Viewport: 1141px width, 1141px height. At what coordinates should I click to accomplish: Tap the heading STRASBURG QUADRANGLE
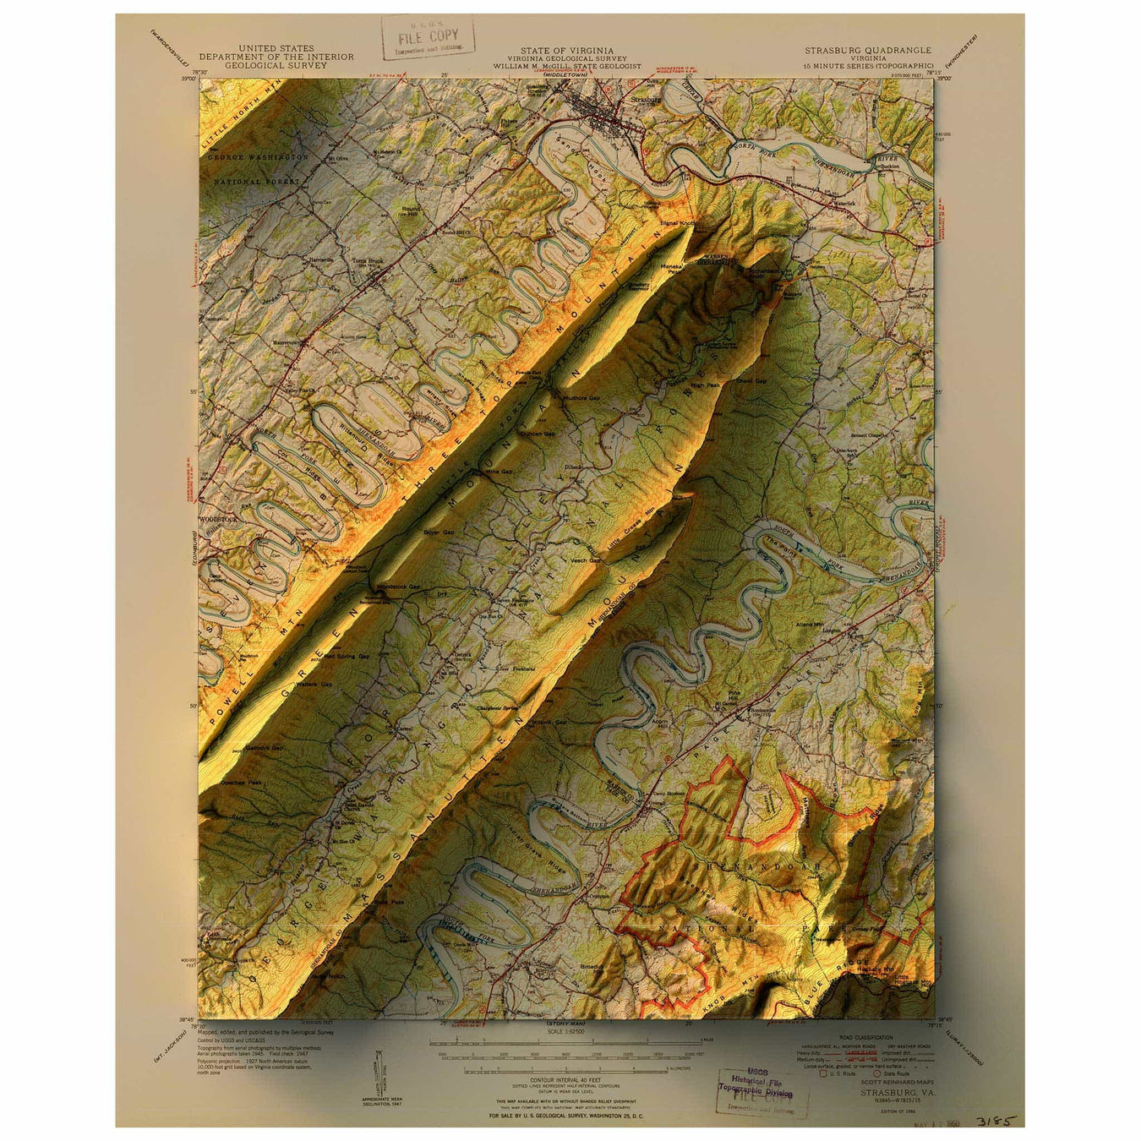coord(868,50)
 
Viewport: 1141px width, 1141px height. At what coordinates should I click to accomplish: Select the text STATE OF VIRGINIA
coord(567,50)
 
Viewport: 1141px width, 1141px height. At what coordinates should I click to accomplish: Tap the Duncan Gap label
coord(538,434)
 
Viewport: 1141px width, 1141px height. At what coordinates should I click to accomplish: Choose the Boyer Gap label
coord(439,532)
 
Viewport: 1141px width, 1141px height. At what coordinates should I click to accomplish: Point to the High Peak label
coord(706,385)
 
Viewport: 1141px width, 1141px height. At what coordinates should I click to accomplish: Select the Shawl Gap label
coord(751,380)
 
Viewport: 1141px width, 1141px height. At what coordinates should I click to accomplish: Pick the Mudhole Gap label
coord(581,397)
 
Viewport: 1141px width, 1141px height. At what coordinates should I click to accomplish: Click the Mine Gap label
coord(499,472)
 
